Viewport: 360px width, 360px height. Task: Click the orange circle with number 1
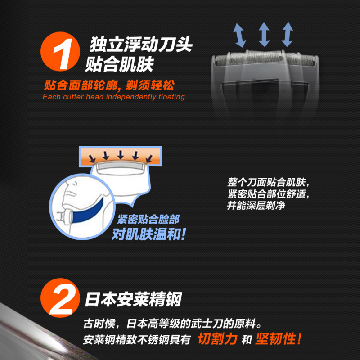coord(60,51)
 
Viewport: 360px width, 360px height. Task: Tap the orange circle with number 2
coord(60,298)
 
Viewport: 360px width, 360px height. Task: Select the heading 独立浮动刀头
coord(141,44)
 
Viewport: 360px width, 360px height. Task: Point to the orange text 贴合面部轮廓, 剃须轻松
coord(109,85)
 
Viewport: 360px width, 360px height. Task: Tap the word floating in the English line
coord(171,97)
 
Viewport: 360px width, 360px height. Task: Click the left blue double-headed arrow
coord(239,36)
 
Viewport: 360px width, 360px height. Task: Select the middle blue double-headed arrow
coord(264,35)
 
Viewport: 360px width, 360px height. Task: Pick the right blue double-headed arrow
coord(288,35)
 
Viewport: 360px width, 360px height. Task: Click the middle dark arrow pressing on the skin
coord(121,154)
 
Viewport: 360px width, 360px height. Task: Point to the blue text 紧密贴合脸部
coord(148,220)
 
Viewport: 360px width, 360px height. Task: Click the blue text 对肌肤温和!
coord(148,234)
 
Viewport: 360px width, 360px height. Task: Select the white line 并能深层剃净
coord(256,206)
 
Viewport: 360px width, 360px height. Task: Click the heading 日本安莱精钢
coord(133,299)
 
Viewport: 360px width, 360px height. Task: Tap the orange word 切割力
coord(217,339)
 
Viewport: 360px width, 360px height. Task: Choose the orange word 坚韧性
coord(278,339)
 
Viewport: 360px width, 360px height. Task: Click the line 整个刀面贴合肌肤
coord(268,183)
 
